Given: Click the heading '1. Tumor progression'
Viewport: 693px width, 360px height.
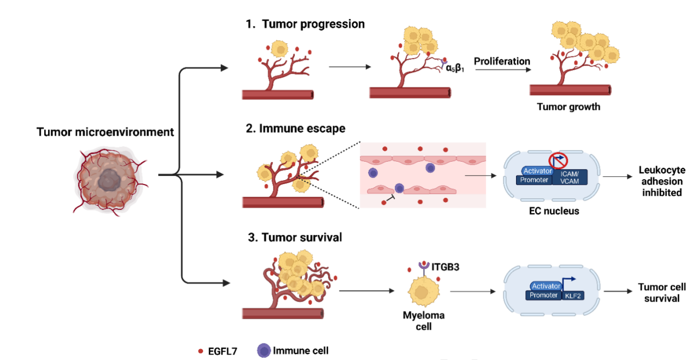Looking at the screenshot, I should click(x=305, y=25).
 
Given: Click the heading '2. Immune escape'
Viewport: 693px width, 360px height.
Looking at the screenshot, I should click(x=295, y=129).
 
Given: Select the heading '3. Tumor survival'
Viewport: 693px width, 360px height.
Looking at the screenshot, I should click(x=295, y=238).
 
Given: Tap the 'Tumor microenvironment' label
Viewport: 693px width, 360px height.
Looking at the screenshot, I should click(x=105, y=132).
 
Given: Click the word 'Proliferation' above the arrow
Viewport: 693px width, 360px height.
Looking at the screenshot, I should click(x=502, y=61).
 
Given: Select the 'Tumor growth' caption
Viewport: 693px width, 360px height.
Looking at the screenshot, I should click(x=568, y=107).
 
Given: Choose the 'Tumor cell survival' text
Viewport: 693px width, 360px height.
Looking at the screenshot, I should click(x=662, y=293).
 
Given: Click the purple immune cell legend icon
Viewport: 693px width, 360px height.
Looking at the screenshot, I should click(x=264, y=350).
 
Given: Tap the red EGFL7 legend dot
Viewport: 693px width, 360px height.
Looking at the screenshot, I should click(x=201, y=351).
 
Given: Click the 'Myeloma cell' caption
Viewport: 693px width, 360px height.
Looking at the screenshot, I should click(x=424, y=321).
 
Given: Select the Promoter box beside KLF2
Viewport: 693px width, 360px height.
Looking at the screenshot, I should click(x=544, y=295).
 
